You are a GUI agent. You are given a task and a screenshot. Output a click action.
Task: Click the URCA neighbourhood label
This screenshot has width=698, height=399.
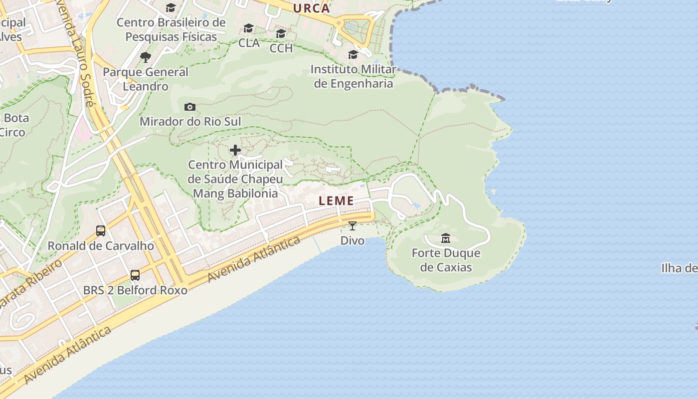pos(312,8)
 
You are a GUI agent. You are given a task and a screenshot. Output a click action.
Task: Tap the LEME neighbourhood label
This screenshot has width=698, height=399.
pos(337,201)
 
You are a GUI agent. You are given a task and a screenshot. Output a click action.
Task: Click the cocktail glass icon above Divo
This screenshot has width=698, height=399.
pos(352,226)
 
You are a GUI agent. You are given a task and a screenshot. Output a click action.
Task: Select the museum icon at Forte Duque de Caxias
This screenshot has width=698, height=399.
pos(446,238)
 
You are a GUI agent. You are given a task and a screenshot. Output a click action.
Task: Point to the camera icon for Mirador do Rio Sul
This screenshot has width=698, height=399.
pos(190,107)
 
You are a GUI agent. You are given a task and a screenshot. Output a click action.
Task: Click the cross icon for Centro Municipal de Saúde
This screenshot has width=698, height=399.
pos(235,150)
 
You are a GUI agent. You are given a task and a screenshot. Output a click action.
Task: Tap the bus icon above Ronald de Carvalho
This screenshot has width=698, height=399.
pos(101,231)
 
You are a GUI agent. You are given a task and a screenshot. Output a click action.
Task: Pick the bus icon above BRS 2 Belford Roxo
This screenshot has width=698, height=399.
pos(135,275)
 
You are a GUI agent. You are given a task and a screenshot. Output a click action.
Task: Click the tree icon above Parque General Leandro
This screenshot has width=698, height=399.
pos(146,57)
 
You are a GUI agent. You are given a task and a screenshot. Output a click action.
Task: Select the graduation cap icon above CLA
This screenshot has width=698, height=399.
pos(248,28)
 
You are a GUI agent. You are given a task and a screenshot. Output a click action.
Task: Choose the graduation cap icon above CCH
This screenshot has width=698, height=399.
pos(281,33)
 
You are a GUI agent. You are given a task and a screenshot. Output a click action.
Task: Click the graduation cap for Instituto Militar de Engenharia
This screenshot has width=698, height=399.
pos(353,54)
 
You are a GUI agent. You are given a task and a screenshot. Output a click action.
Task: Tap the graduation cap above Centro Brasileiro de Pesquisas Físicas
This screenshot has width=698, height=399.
pos(171,7)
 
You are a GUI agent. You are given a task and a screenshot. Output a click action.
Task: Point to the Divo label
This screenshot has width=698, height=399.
pos(352,241)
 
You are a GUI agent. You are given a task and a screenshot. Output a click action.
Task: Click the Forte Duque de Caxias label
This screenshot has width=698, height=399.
pos(446,260)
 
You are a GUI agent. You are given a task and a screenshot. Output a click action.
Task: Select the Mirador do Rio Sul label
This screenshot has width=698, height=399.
pos(190,122)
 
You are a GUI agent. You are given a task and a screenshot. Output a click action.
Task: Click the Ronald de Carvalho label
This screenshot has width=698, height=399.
pos(101,246)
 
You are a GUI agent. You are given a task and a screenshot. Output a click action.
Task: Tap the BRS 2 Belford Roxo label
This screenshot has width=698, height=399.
pos(135,290)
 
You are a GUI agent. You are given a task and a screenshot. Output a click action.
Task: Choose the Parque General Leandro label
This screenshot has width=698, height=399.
pos(146,79)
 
